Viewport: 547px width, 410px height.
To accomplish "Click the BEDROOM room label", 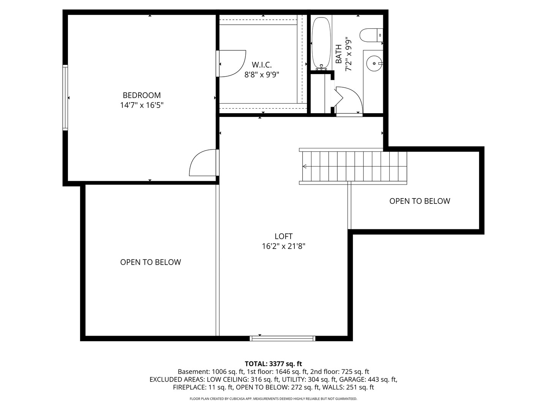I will (x=142, y=95).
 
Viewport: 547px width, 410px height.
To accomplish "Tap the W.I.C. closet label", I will (x=262, y=65).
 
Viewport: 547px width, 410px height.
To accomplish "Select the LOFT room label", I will (x=283, y=236).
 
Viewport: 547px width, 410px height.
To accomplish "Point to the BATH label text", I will (x=338, y=54).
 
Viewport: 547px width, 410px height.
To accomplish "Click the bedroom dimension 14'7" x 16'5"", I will (x=142, y=105).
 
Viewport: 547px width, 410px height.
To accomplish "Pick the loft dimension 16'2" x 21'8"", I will (x=283, y=246).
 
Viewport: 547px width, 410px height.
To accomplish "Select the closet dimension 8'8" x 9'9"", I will (x=262, y=75).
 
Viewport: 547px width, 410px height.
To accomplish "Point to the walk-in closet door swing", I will (x=232, y=63).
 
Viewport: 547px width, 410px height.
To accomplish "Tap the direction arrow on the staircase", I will (x=305, y=166).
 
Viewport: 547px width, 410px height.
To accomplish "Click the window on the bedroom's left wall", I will (x=65, y=98).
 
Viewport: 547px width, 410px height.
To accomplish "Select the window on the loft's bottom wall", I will (x=283, y=338).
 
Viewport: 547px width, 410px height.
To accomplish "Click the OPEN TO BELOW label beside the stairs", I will (x=420, y=201).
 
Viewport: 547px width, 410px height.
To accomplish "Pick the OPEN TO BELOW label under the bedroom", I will (x=150, y=262).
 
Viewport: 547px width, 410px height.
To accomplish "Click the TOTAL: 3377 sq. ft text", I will (x=273, y=364).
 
